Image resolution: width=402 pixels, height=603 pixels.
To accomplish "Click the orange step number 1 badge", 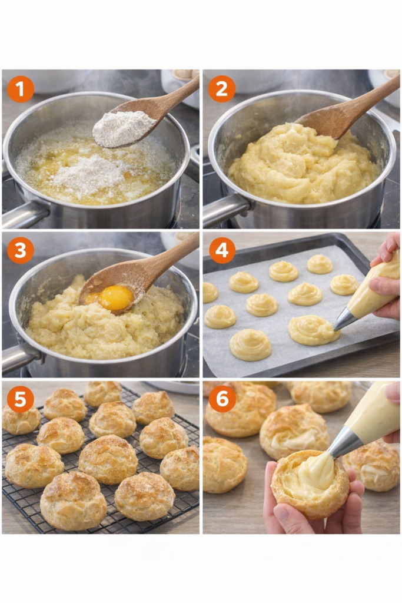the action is point(21,90).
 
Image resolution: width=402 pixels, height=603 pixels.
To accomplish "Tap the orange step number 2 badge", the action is point(222,89).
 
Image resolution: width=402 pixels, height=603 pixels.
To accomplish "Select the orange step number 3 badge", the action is point(21,250).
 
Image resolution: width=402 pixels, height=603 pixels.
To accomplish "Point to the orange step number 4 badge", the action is point(222,250).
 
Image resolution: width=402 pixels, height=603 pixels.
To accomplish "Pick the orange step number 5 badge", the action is point(21,399).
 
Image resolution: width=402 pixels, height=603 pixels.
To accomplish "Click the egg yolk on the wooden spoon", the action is point(115,297).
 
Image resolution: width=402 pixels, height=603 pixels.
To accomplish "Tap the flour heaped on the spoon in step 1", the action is point(123,127).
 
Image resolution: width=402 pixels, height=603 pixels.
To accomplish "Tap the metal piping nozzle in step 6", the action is point(344,442).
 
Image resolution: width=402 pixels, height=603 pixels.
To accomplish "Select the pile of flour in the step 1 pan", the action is point(89,175).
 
